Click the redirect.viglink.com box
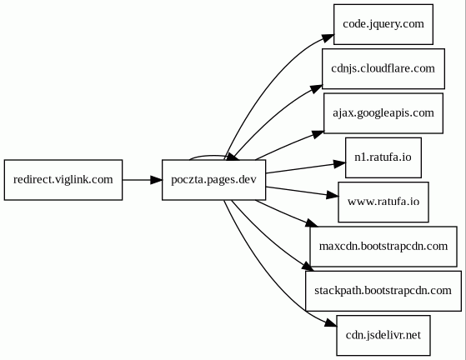coord(63,180)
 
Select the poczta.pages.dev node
coord(214,180)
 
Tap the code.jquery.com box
coord(383,24)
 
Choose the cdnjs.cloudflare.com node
coord(383,68)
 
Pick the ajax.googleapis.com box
coord(383,113)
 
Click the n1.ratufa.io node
coord(383,157)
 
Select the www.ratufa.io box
coord(383,202)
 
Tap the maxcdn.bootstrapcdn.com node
coord(383,247)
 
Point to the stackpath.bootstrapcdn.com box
coord(383,291)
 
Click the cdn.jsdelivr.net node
coord(383,335)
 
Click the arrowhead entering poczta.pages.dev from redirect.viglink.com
coord(157,180)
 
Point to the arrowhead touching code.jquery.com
coord(328,38)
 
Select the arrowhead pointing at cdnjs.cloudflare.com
coord(316,89)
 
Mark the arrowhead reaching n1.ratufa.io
coord(339,164)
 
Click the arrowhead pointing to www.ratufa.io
coord(333,195)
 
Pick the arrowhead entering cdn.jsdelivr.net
coord(330,322)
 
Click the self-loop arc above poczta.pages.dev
coord(208,156)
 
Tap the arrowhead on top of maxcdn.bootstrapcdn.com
coord(312,223)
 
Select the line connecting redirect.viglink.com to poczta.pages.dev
coord(137,180)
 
